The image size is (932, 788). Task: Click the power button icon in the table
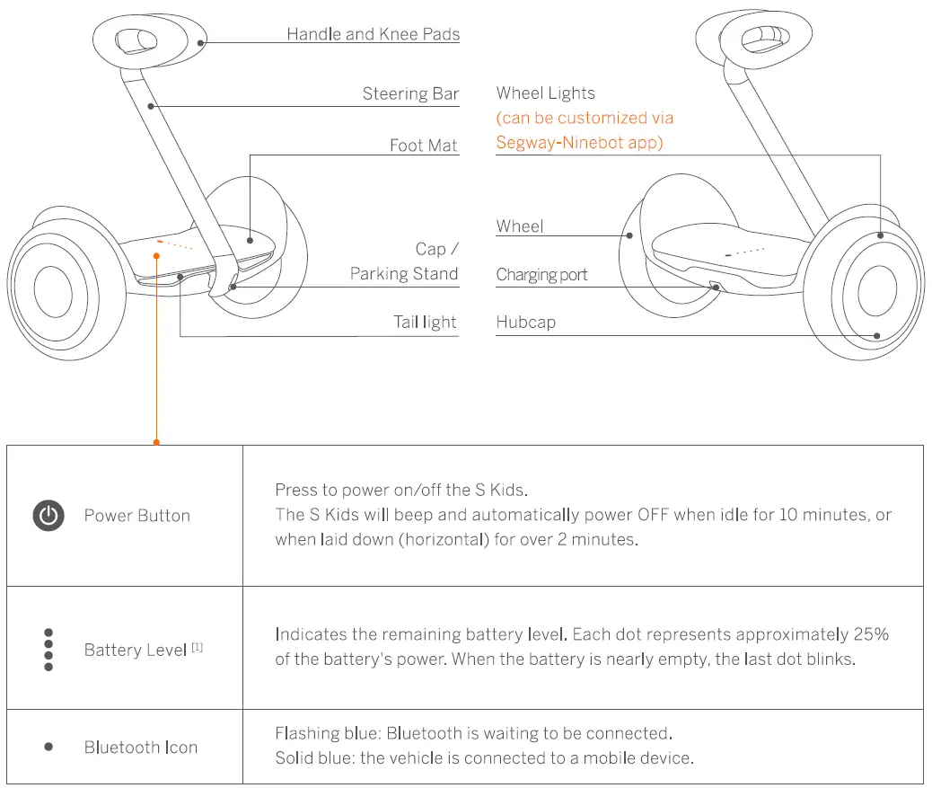pos(48,516)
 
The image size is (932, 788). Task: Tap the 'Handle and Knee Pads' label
pos(373,34)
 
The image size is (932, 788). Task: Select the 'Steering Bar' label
pos(410,93)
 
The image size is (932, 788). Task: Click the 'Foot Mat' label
pos(423,146)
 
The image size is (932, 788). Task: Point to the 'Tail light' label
pos(425,322)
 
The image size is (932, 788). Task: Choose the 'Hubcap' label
pos(525,322)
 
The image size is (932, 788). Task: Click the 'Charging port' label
pos(541,275)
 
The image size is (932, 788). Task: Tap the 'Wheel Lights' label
pos(545,93)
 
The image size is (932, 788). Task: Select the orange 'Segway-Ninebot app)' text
pos(579,142)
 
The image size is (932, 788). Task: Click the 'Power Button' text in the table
pos(136,516)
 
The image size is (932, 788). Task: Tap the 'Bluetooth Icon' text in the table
pos(141,748)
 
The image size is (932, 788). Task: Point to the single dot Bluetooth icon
pos(48,747)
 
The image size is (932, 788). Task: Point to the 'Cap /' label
pos(436,249)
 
